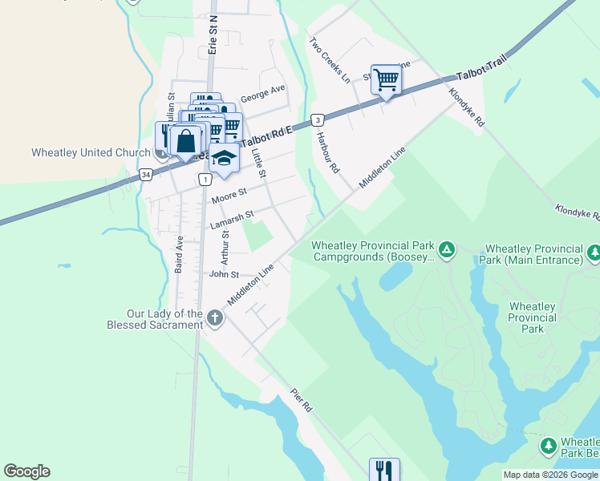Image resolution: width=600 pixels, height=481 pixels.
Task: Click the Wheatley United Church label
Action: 90,152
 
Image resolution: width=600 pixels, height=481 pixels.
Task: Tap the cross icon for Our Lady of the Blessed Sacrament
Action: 214,319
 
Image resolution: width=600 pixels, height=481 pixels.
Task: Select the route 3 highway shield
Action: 318,119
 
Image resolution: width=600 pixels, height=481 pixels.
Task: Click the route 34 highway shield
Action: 146,174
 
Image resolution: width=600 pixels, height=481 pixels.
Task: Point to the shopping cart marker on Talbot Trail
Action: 387,80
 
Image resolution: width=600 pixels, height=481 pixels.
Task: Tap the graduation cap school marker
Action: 225,159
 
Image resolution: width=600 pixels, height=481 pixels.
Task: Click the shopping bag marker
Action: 185,142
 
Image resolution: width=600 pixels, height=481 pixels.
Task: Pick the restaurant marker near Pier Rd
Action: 384,471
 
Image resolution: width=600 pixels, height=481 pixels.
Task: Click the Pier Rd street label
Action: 302,402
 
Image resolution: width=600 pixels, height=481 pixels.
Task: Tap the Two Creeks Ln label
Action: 330,60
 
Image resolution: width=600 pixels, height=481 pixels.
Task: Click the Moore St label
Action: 230,195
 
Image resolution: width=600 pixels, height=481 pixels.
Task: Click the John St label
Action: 224,274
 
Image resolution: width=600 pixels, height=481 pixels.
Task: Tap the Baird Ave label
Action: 180,254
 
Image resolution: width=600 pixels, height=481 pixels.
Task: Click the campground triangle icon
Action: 448,250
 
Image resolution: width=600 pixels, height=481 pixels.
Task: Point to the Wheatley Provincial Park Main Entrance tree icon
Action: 594,253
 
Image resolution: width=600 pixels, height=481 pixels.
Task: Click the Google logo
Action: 26,471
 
